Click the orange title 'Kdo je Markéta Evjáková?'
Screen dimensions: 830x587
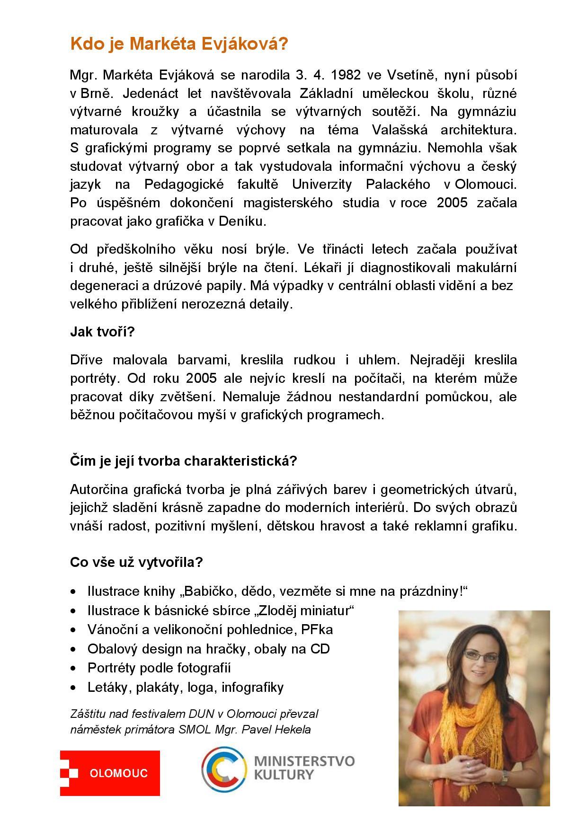click(x=178, y=44)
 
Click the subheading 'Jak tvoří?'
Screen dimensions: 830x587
click(x=102, y=332)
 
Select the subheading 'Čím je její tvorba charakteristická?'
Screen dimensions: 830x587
click(x=183, y=461)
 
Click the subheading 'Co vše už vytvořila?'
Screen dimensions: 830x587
click(x=136, y=562)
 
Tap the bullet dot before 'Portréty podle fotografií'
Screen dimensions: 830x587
click(x=73, y=669)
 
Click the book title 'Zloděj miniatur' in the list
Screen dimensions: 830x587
click(x=305, y=610)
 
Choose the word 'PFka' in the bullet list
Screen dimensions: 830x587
click(x=317, y=630)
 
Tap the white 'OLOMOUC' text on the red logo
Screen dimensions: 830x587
click(x=118, y=773)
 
